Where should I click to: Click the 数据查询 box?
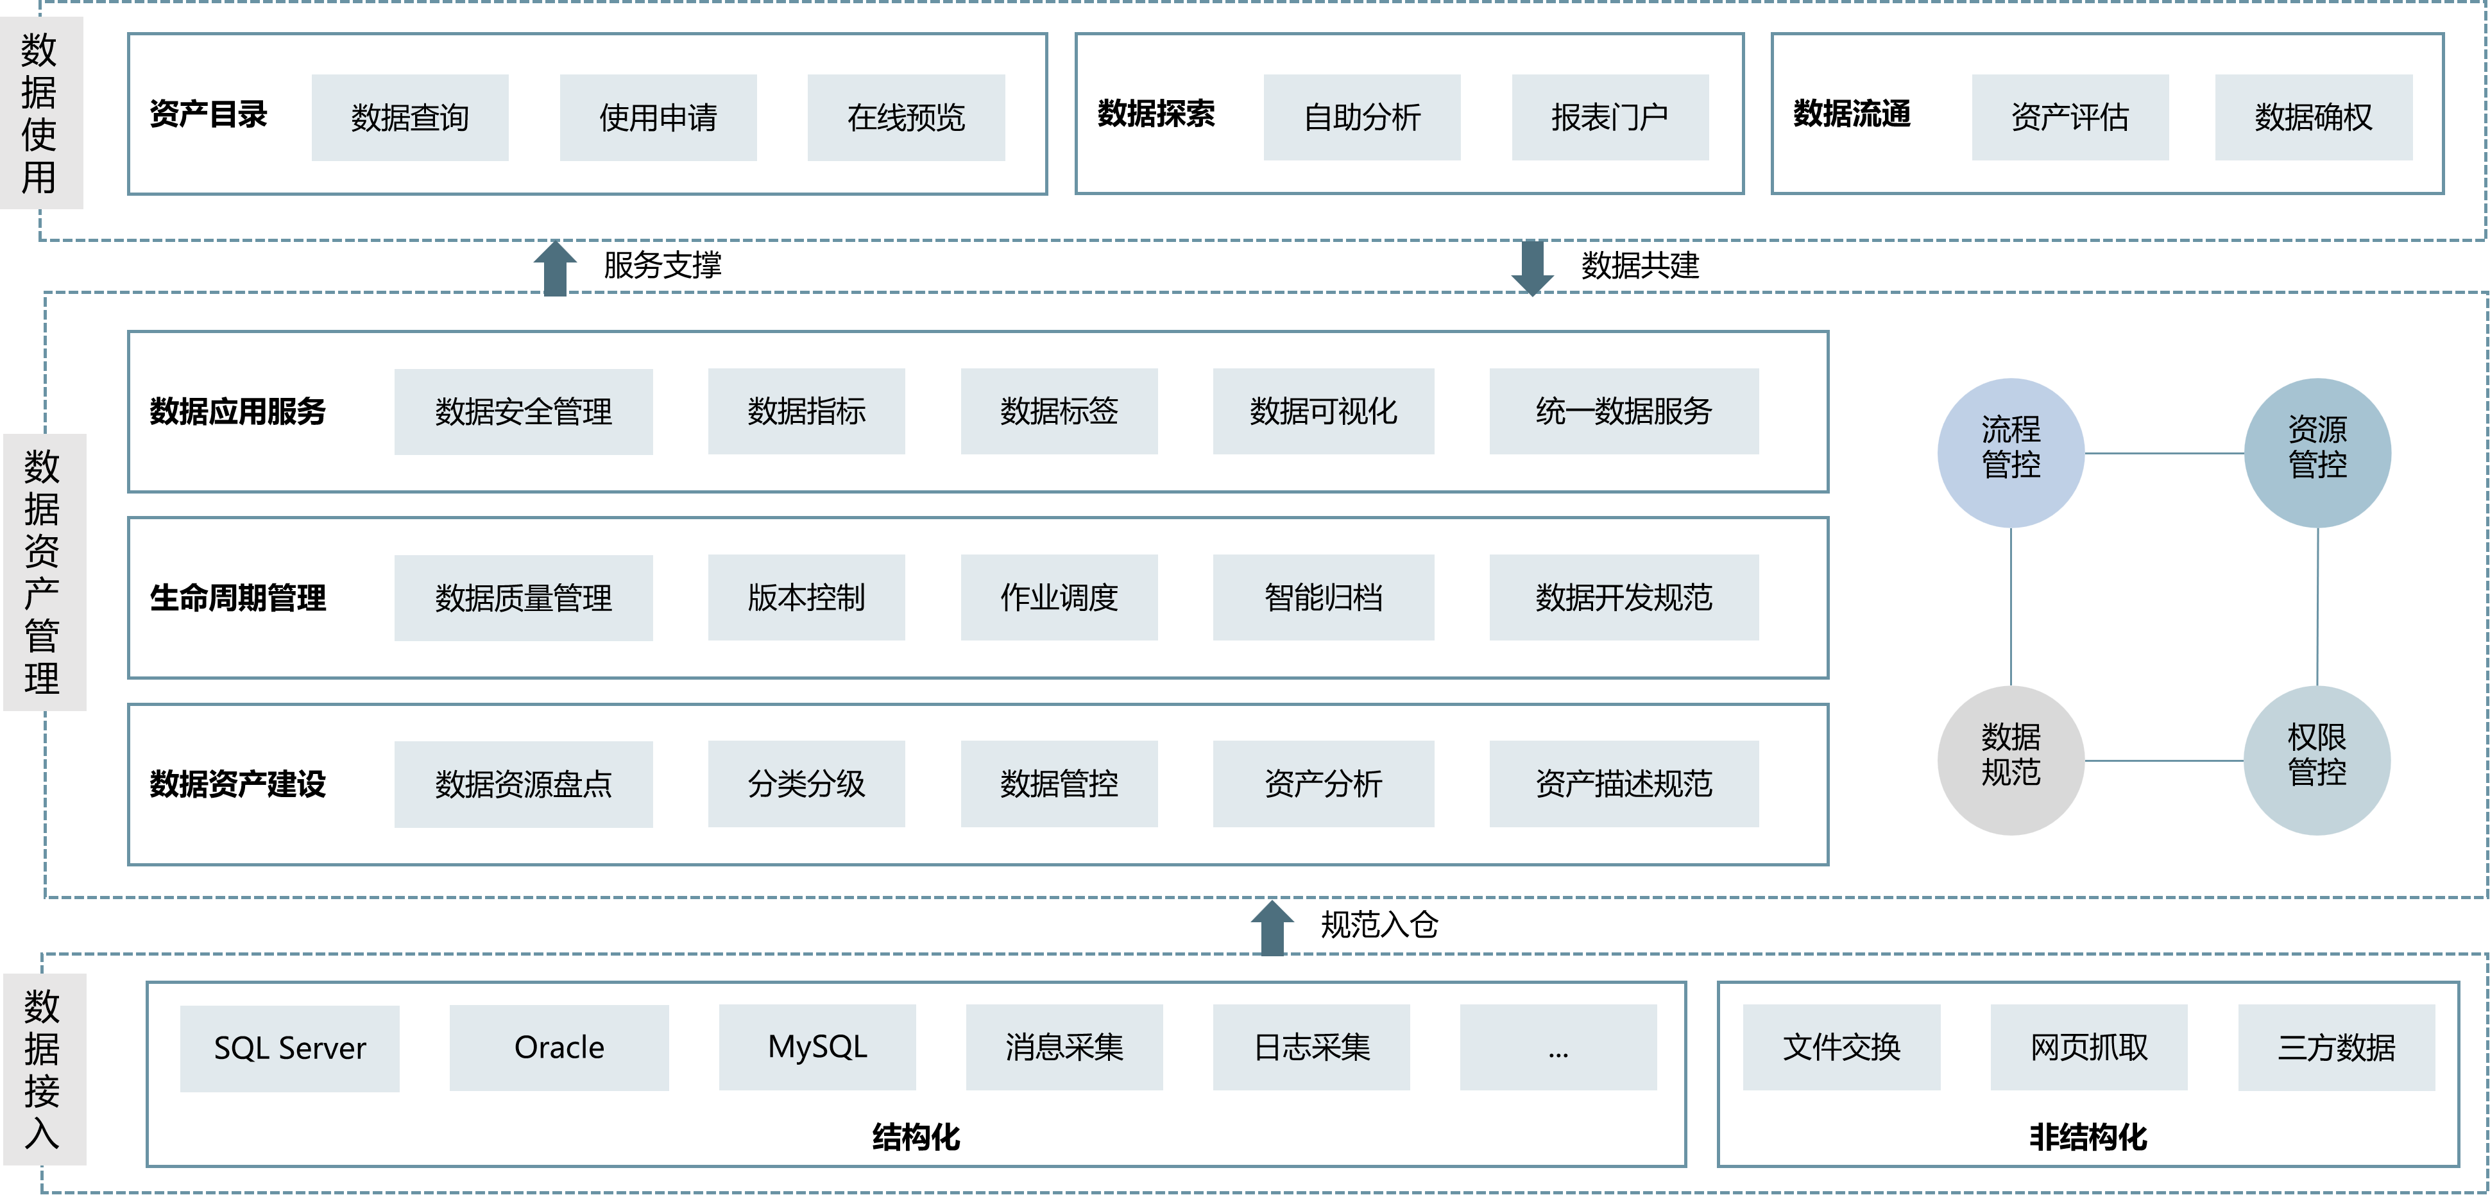(410, 117)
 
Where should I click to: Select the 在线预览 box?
(906, 117)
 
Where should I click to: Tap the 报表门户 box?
(1609, 117)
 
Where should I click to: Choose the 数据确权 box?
(2313, 117)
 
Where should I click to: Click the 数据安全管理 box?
(523, 411)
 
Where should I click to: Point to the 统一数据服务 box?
(1624, 411)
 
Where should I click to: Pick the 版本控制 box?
(806, 597)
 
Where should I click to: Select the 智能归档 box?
(1324, 597)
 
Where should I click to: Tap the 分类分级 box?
(806, 783)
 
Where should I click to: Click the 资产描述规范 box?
(1624, 783)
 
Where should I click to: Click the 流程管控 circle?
(2011, 452)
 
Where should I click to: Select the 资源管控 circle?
(2317, 452)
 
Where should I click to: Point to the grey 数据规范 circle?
(2011, 760)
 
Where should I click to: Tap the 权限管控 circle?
(2317, 760)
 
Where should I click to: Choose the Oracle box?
(559, 1048)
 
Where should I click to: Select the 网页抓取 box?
(2089, 1048)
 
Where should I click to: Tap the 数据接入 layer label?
(42, 1069)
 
